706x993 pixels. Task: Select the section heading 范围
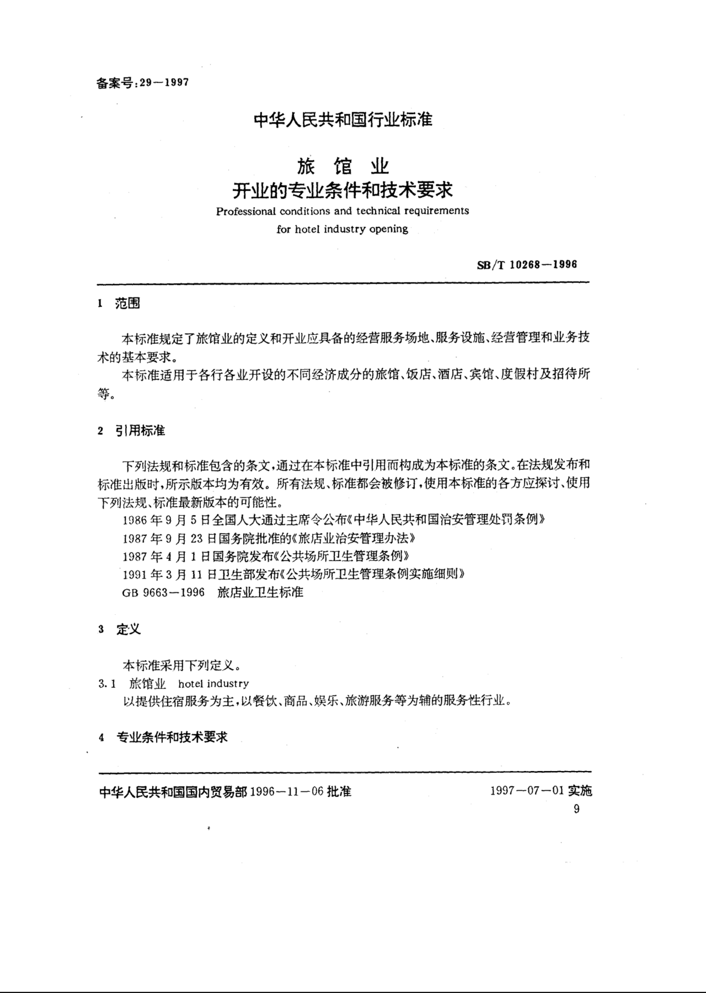[127, 304]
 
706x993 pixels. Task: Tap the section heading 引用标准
[140, 431]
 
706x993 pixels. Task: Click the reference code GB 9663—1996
[163, 593]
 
